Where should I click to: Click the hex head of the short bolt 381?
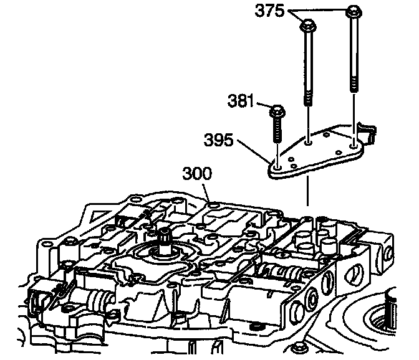pos(276,112)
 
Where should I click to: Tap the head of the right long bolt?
pos(352,11)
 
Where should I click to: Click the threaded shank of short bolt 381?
pos(276,134)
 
